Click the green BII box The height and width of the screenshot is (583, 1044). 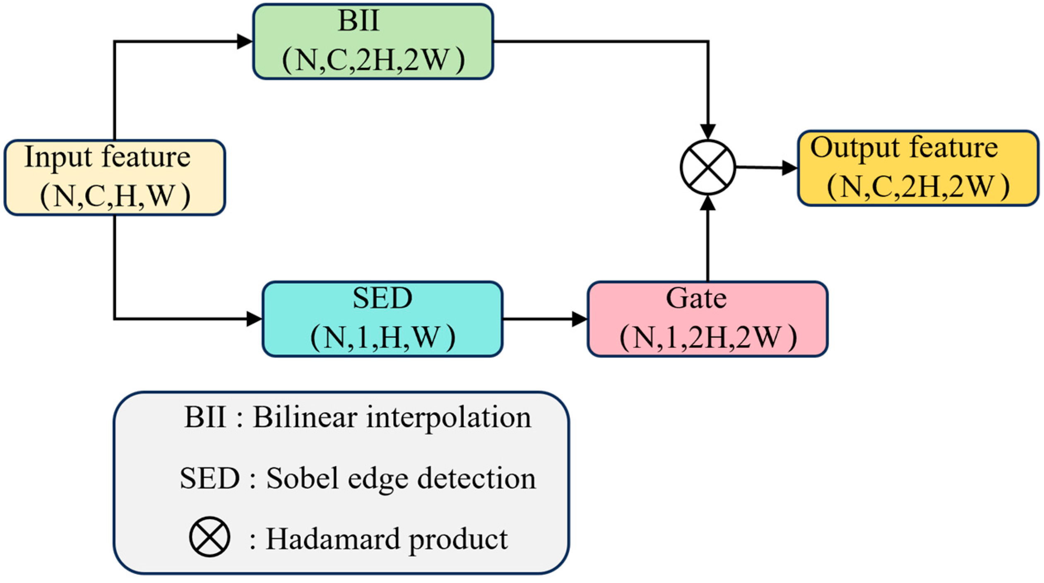373,41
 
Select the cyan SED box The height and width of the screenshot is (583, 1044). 382,319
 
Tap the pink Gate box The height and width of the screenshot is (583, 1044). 707,319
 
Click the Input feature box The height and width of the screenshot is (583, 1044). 114,177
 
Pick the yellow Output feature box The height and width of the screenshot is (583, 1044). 917,168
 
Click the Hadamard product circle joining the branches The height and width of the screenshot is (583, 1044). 708,167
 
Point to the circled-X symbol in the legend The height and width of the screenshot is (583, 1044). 209,537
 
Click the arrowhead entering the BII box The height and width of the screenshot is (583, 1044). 244,41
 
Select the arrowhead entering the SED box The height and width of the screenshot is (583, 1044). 254,319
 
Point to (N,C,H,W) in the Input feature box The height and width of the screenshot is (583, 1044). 115,195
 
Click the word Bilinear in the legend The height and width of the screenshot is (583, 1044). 305,417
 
